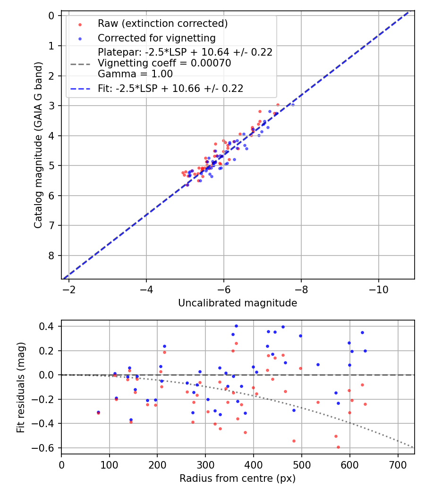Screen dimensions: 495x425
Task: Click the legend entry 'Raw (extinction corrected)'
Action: pyautogui.click(x=162, y=24)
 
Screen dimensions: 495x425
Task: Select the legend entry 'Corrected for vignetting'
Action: pyautogui.click(x=156, y=38)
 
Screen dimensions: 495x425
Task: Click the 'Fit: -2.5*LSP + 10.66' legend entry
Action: pyautogui.click(x=170, y=89)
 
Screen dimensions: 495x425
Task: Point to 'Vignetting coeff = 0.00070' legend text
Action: pyautogui.click(x=164, y=63)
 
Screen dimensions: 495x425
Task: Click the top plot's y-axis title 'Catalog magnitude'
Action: pyautogui.click(x=39, y=145)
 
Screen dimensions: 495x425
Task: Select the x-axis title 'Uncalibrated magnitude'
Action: pyautogui.click(x=238, y=303)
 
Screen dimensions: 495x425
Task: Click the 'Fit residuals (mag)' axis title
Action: pyautogui.click(x=20, y=387)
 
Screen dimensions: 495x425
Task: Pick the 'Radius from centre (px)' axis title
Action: pyautogui.click(x=238, y=478)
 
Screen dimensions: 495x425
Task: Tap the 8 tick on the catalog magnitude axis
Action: pyautogui.click(x=51, y=256)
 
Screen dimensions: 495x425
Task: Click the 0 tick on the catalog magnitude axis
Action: pyautogui.click(x=51, y=16)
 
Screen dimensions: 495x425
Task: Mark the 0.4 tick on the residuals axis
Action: pyautogui.click(x=48, y=326)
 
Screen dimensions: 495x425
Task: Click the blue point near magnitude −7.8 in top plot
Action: pyautogui.click(x=293, y=105)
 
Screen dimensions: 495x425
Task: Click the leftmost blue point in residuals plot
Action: pyautogui.click(x=98, y=412)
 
